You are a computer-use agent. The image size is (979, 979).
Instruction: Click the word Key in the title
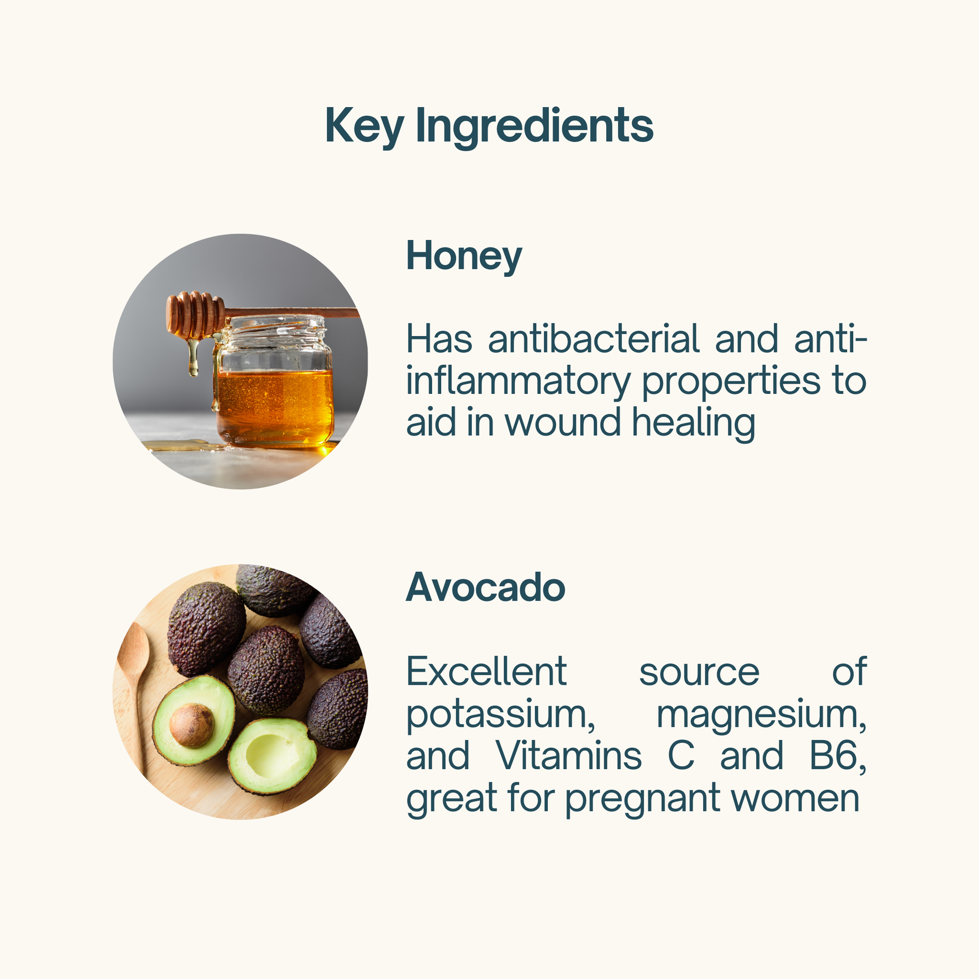click(x=364, y=127)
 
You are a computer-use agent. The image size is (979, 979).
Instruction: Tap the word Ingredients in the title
click(x=535, y=127)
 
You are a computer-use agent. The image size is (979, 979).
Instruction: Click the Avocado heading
click(x=485, y=587)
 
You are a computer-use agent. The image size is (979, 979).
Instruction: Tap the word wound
click(x=563, y=422)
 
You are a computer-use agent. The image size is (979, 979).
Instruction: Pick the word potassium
click(x=501, y=715)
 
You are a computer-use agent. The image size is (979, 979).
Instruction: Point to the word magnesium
click(x=761, y=715)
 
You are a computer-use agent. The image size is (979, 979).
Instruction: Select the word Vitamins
click(x=569, y=756)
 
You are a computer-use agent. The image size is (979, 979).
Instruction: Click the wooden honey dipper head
click(x=195, y=315)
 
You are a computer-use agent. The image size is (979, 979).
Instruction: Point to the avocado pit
click(x=192, y=725)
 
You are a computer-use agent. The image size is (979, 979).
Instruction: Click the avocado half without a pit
click(x=273, y=756)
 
